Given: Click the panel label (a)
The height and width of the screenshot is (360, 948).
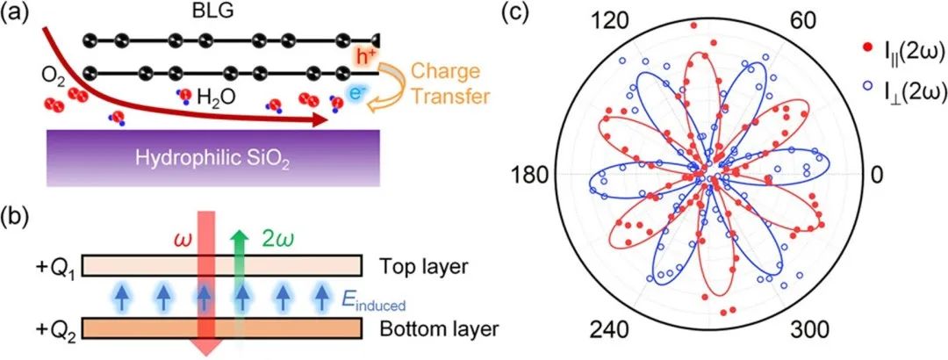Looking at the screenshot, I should coord(17,15).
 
